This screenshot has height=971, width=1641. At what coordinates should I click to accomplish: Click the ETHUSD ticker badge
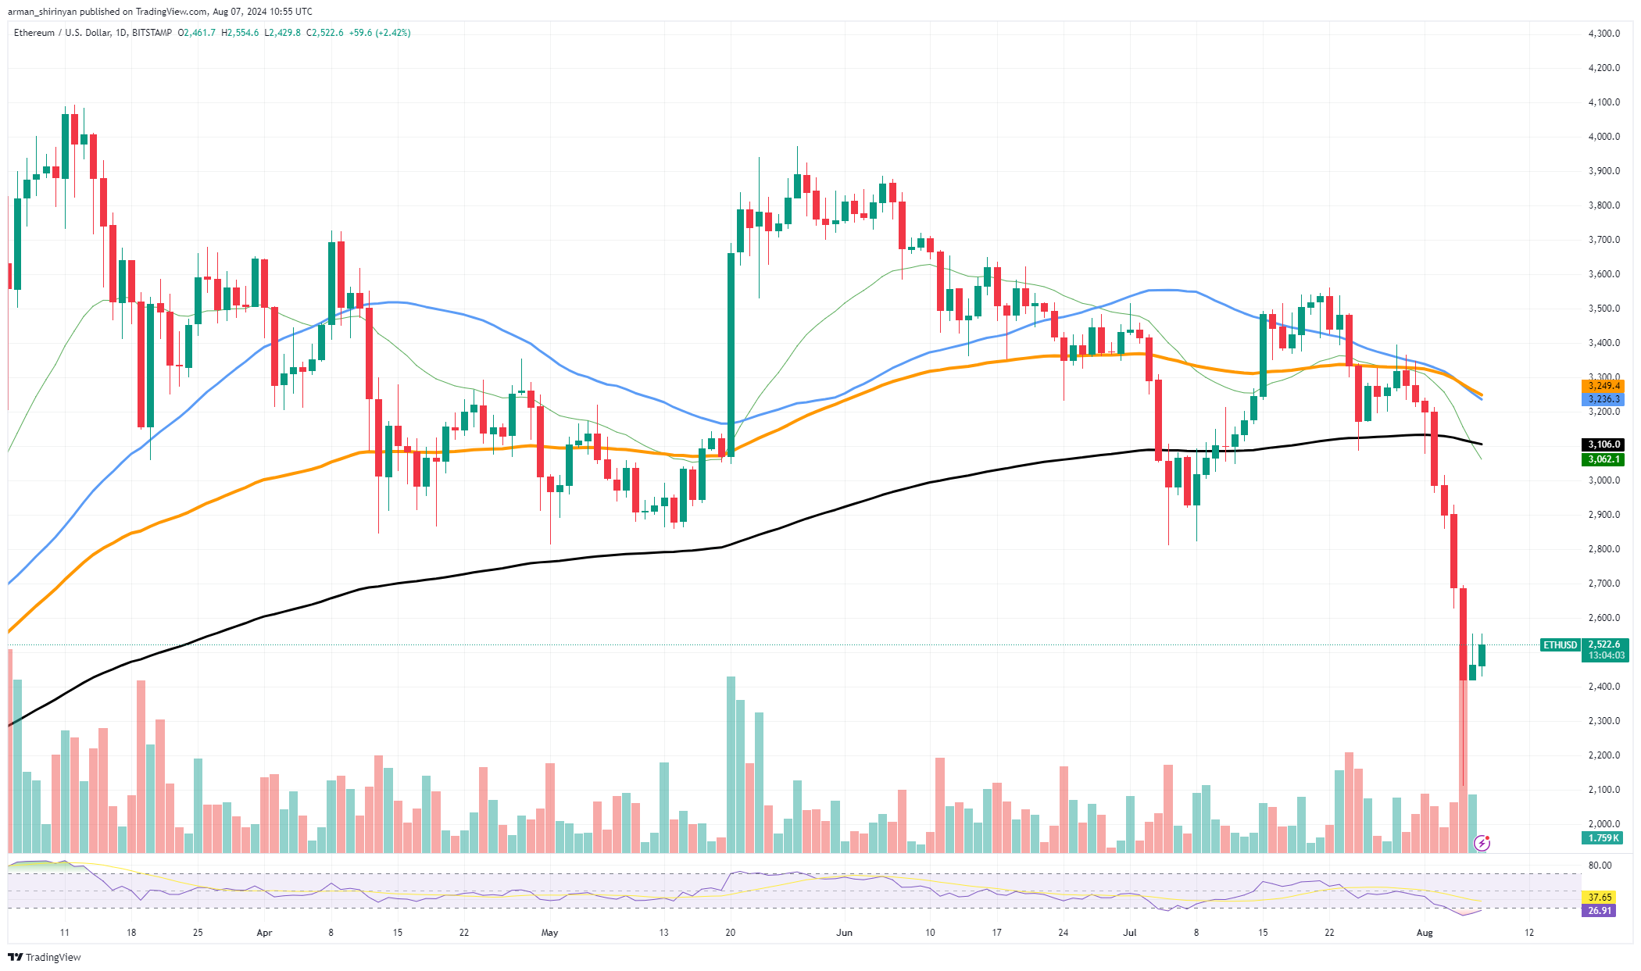(x=1560, y=645)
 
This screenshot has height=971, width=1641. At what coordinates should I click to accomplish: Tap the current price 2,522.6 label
(x=1604, y=644)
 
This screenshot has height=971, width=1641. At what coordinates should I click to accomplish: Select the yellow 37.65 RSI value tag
(x=1600, y=898)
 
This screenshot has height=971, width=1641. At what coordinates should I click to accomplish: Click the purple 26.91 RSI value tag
(x=1600, y=911)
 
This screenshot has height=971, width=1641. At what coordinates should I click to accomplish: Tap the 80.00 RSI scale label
(x=1600, y=866)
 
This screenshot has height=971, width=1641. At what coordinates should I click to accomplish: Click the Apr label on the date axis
(x=264, y=933)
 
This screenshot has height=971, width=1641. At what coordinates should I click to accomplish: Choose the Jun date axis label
(x=844, y=933)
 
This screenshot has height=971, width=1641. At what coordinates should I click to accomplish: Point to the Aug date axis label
(x=1425, y=933)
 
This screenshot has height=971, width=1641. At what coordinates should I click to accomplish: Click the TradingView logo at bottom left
(x=45, y=958)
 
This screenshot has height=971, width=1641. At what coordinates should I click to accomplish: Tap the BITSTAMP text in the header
(x=152, y=33)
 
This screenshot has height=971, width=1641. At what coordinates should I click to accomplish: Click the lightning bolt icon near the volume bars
(x=1482, y=843)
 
